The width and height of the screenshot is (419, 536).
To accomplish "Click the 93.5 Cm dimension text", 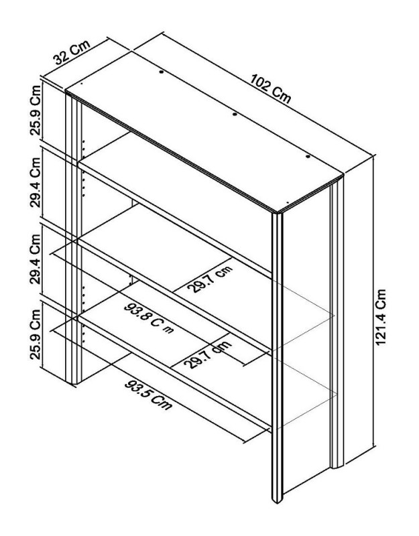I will point(149,395).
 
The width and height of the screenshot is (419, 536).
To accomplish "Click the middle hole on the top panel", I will point(234,115).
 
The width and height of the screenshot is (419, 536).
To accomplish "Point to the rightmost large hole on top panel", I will point(308,156).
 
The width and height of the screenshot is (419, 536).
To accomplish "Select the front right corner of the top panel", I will point(278,212).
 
